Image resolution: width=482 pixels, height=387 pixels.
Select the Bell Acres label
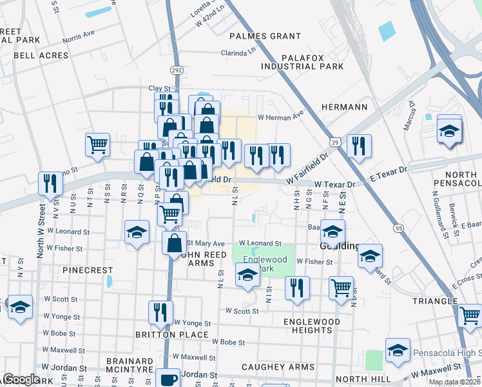tap(41, 55)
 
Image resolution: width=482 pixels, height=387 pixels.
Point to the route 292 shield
tap(177, 69)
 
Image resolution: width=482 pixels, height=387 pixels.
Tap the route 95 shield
tap(399, 228)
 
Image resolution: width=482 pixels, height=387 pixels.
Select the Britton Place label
tap(172, 335)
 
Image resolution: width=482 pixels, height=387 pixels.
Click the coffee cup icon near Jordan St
tap(169, 378)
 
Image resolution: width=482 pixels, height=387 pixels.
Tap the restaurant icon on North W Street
tap(49, 184)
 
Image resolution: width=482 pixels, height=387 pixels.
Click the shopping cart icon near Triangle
tap(470, 316)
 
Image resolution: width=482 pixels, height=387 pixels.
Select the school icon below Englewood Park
tap(247, 277)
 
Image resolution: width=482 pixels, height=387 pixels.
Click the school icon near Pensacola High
tap(398, 351)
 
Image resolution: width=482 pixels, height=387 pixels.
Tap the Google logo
tap(21, 379)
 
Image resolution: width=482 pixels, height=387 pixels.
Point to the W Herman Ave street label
tap(280, 117)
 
